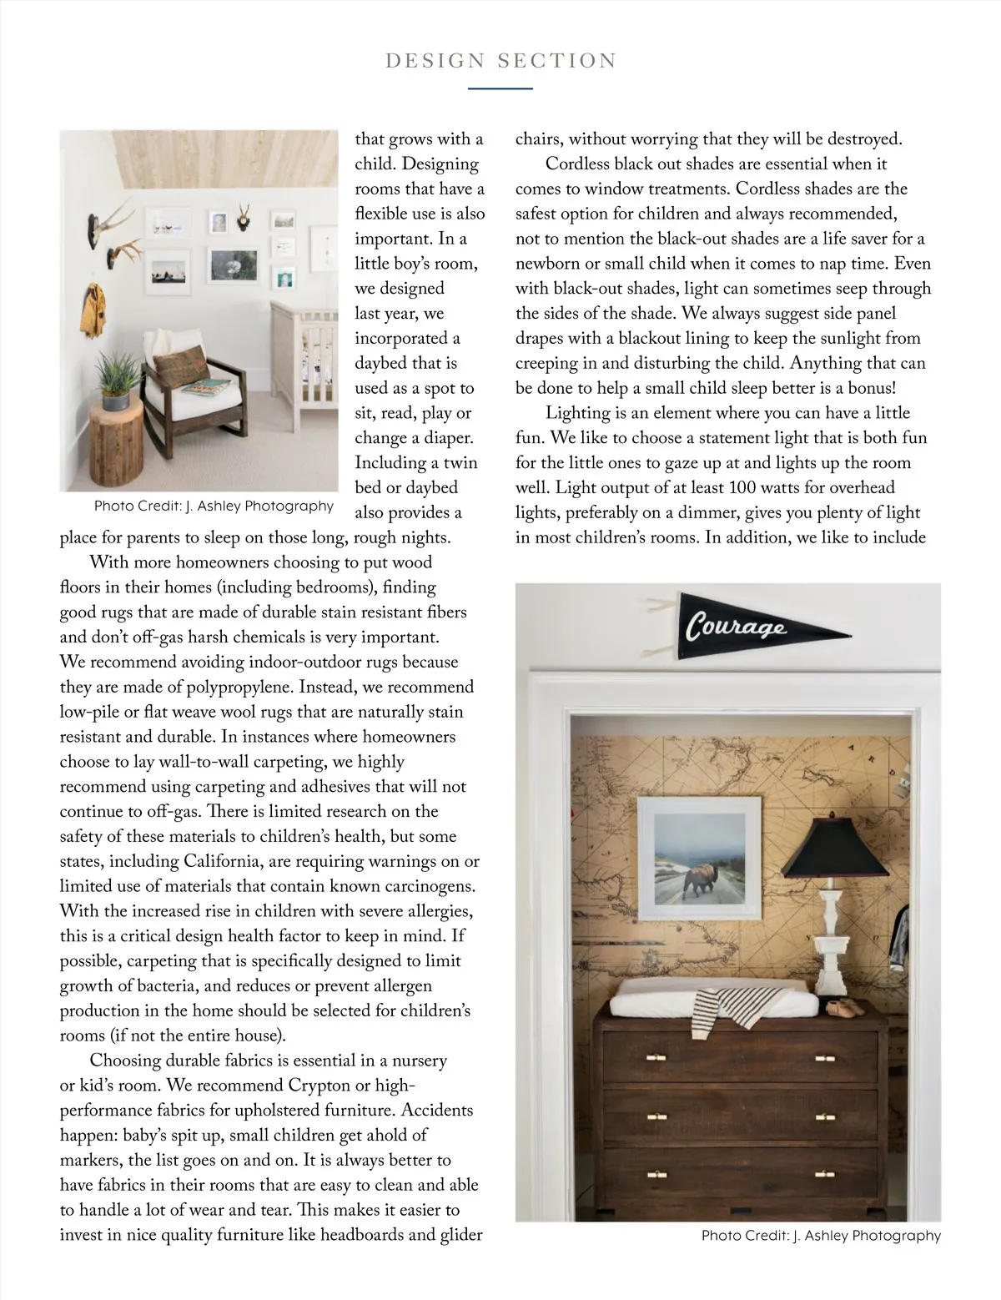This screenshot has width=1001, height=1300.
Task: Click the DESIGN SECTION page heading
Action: [x=500, y=61]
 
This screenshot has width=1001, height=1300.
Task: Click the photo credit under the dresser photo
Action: [x=821, y=1236]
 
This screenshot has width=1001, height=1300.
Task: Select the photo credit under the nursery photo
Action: [x=214, y=506]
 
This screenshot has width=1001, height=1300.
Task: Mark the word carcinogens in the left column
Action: [x=425, y=886]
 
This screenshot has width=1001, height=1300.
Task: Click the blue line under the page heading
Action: [x=500, y=88]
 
